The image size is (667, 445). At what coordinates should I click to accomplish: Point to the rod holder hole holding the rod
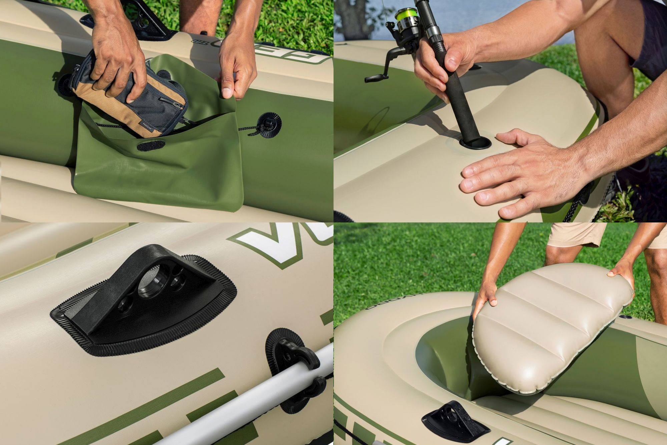point(475,143)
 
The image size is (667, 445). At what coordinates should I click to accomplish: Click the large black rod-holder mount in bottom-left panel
point(143,301)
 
